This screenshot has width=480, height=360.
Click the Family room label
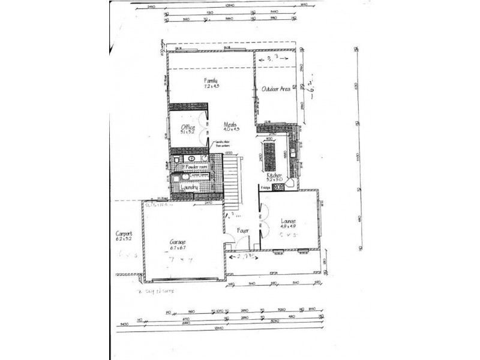click(210, 80)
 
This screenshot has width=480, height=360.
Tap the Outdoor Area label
click(275, 89)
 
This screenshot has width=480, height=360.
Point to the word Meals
click(230, 124)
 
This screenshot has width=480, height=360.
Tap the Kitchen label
click(275, 175)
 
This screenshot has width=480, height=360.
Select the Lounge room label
click(289, 221)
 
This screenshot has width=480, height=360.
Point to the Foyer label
click(242, 230)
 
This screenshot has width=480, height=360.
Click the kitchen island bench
click(269, 156)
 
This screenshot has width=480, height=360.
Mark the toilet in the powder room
click(176, 161)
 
